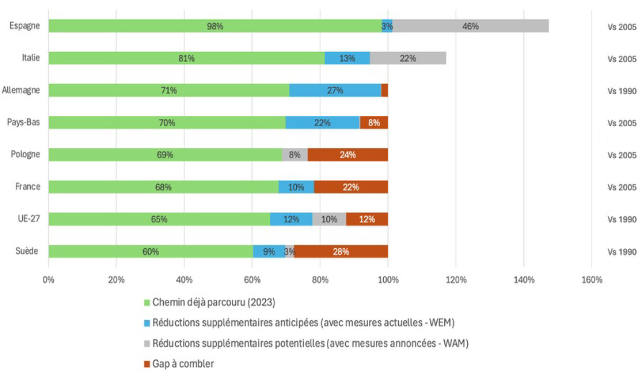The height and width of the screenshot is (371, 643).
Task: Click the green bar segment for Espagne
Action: (215, 26)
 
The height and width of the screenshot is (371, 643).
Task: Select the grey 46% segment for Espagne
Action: (470, 26)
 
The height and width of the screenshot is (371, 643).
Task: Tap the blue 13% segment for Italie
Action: (347, 58)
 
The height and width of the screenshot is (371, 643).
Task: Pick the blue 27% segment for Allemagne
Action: (335, 91)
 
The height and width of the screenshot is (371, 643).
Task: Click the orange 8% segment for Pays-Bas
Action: (373, 123)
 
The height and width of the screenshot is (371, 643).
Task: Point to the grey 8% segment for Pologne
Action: (294, 155)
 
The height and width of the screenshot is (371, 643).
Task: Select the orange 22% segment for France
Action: (351, 187)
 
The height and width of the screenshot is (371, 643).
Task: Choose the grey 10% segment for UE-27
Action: (329, 219)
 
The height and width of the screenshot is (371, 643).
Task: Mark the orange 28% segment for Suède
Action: (341, 251)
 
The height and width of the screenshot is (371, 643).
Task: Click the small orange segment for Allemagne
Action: (384, 91)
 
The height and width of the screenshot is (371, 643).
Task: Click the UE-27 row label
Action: (29, 219)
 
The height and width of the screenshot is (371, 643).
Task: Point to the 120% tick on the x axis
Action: (456, 280)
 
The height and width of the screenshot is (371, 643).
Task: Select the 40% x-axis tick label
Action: (184, 280)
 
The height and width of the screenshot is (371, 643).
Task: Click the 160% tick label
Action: (591, 280)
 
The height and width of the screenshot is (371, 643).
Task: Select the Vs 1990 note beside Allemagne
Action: (622, 91)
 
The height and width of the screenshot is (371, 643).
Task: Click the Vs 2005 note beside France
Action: (622, 187)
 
